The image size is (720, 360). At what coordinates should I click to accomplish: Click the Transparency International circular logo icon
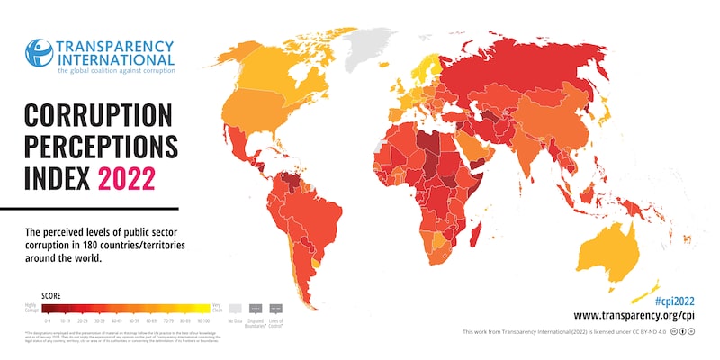(39, 54)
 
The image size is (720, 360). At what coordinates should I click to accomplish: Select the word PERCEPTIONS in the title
(101, 147)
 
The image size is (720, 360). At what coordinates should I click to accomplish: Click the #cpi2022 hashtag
(673, 300)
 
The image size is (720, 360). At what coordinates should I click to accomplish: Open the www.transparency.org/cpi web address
(634, 315)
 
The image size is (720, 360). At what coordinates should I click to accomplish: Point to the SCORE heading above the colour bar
(52, 295)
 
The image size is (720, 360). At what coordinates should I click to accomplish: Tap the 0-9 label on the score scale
(47, 319)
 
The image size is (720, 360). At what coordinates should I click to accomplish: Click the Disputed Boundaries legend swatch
(256, 308)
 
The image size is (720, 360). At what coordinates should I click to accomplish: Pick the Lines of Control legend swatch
(275, 308)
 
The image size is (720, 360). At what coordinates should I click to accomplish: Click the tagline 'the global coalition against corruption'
(116, 69)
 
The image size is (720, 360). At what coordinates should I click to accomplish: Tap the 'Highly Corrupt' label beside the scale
(33, 308)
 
